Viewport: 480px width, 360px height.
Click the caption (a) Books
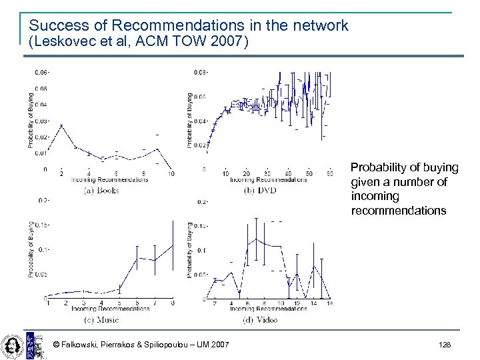pos(101,190)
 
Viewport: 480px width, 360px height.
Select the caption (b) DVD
pos(260,190)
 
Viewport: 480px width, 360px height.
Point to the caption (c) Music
pos(102,319)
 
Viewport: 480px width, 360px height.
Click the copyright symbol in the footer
pos(57,344)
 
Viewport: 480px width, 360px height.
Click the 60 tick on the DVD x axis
pos(331,174)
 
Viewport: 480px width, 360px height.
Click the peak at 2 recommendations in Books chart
pos(61,125)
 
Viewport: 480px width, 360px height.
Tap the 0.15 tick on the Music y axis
pos(42,225)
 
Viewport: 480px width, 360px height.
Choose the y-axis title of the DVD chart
pos(189,120)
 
